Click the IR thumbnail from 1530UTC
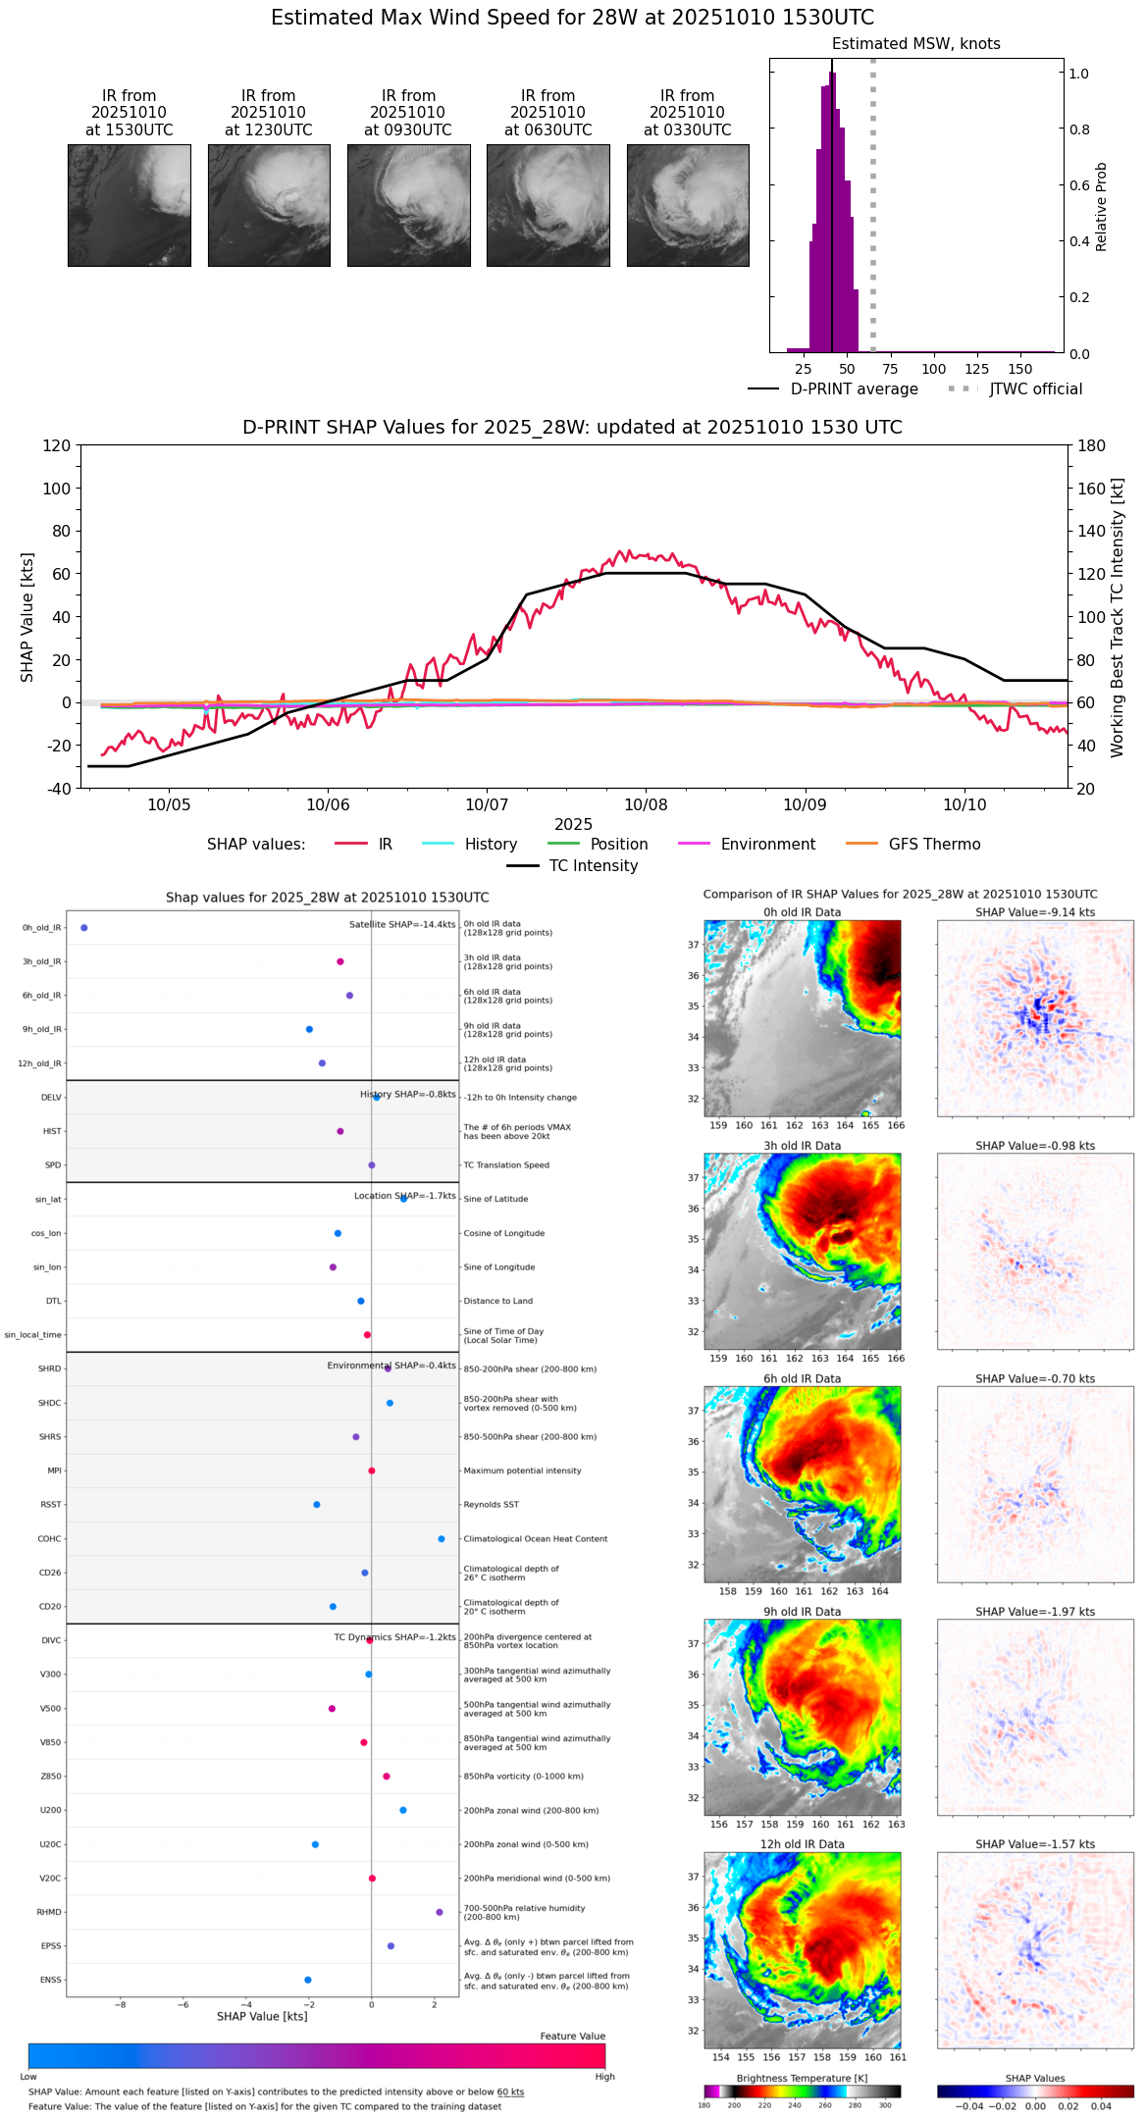click(129, 205)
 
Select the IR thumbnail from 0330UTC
click(688, 205)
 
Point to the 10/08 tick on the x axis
click(646, 805)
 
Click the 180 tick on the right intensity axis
click(1092, 446)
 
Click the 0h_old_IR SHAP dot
click(84, 928)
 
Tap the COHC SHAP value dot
click(442, 1539)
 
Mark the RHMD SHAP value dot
click(440, 1912)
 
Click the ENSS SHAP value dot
click(308, 1980)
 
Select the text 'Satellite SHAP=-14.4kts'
click(402, 925)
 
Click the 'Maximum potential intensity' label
click(522, 1472)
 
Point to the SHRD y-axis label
click(49, 1369)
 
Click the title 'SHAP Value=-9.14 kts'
click(1035, 912)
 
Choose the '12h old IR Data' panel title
click(802, 1844)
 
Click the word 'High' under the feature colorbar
click(604, 2077)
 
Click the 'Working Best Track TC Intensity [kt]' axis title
click(1118, 618)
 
